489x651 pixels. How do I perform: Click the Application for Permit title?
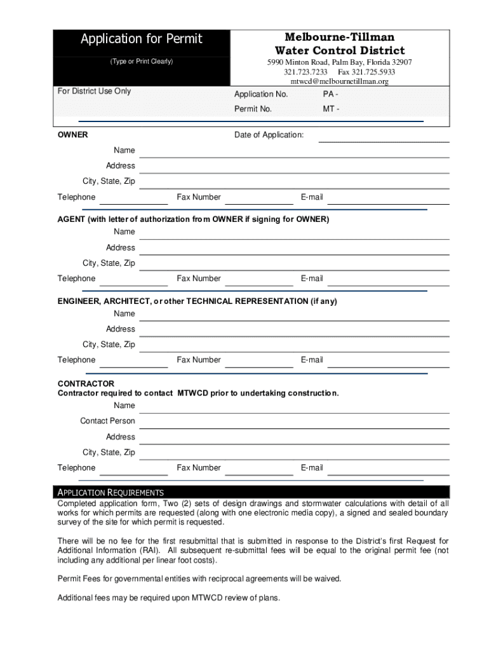click(x=141, y=39)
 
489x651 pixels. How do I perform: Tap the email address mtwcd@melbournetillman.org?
click(x=339, y=81)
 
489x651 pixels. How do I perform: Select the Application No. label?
click(x=261, y=94)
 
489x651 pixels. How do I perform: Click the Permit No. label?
click(x=253, y=109)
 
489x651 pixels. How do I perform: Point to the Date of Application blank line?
click(x=384, y=140)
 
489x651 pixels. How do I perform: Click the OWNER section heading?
click(x=73, y=135)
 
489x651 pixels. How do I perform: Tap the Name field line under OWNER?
click(x=294, y=156)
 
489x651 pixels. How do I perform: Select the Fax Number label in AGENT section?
click(x=199, y=278)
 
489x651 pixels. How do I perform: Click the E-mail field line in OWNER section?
click(x=388, y=203)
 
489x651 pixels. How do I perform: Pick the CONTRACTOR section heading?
click(x=86, y=383)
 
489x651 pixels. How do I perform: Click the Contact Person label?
click(x=107, y=421)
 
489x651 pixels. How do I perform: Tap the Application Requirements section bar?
click(x=251, y=492)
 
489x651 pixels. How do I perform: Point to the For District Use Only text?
click(x=94, y=91)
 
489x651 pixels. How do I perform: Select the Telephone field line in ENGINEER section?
click(x=133, y=367)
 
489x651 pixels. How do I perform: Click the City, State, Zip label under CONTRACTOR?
click(x=109, y=453)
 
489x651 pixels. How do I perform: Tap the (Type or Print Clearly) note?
click(x=141, y=62)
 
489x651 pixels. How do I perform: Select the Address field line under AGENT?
click(x=294, y=254)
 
